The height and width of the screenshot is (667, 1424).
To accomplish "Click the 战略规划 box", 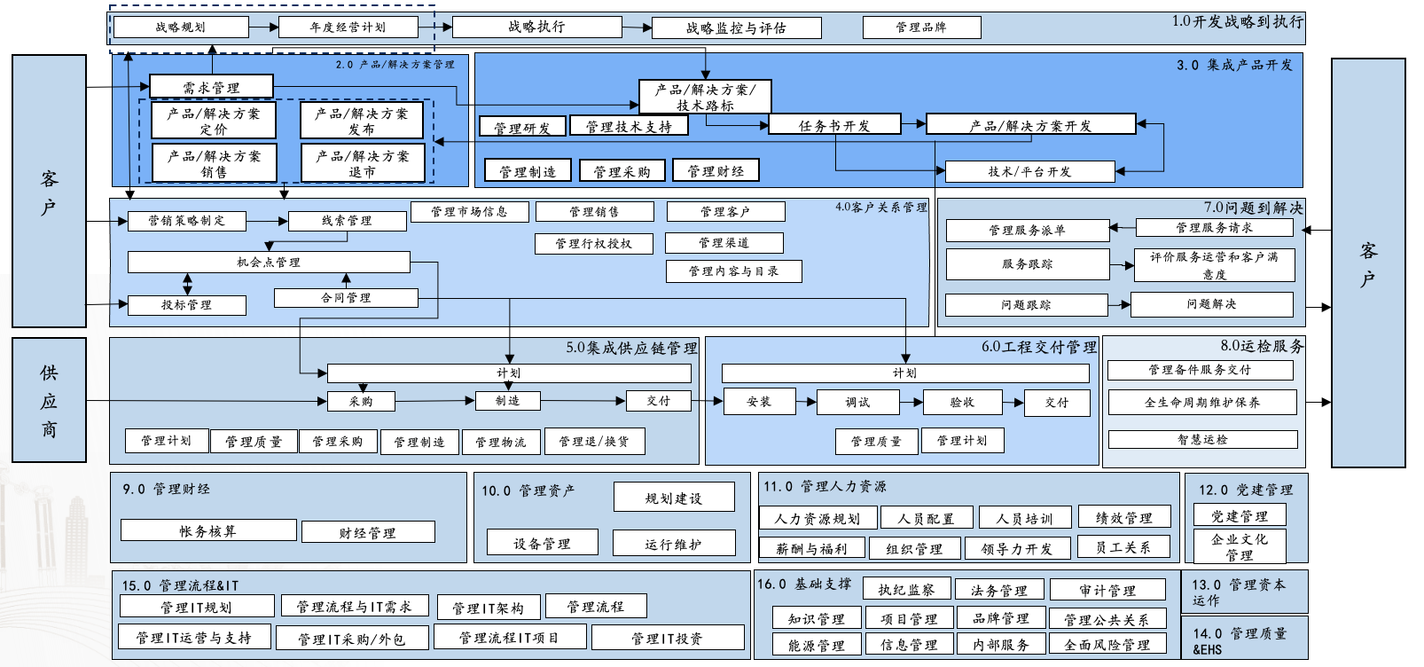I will coord(181,27).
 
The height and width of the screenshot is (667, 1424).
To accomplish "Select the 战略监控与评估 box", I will coord(736,28).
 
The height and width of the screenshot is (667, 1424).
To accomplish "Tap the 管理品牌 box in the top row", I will coord(921,27).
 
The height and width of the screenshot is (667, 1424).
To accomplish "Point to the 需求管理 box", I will coord(211,87).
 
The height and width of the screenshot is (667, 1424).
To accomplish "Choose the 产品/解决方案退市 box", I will coord(362,164).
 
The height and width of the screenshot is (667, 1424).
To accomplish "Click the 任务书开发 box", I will coord(834,125).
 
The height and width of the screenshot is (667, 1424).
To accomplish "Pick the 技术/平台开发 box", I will coord(1029,171).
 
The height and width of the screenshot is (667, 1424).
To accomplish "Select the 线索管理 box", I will coord(347,221).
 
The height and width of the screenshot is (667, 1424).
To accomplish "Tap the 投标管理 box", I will coord(186,305).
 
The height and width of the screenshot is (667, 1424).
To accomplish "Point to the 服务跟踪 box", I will coord(1027,264).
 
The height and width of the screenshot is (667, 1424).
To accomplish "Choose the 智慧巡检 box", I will coord(1202,440).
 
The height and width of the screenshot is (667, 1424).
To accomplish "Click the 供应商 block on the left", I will coord(49,400).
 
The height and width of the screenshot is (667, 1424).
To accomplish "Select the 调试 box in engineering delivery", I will coord(857,403).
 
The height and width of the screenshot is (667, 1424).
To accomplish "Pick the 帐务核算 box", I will coord(207,530).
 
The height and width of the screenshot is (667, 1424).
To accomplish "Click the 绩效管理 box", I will coord(1123,518).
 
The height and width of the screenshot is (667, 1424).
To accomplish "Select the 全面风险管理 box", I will coord(1107,645).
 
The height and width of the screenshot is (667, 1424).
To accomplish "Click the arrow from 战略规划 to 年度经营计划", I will coord(263,27).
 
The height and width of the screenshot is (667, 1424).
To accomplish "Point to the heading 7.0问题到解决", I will coord(1253,208).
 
